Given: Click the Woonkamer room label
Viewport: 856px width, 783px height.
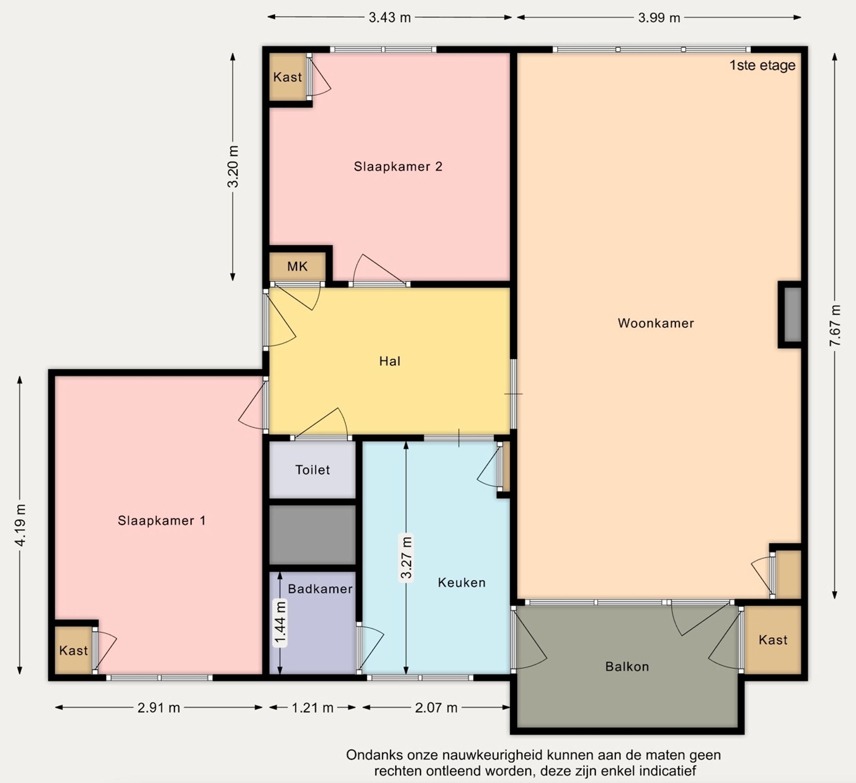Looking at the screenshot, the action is coord(655,323).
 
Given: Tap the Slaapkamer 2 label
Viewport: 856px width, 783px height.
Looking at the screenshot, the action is coord(398,166).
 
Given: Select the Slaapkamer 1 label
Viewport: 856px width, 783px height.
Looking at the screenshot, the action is coord(161,521).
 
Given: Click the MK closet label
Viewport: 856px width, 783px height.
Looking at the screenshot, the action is coord(297,267).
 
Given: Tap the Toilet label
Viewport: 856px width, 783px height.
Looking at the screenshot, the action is coord(313,470).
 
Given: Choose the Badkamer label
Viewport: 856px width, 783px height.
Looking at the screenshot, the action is coord(320,589).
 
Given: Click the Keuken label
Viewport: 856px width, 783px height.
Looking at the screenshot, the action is coord(462,582).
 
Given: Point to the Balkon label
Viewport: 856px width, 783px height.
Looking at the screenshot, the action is coord(627,667).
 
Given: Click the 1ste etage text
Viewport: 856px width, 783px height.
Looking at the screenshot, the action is coord(762,65).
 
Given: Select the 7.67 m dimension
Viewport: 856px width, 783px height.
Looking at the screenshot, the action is coord(835,326).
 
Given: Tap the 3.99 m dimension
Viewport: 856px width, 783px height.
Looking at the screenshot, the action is coord(659,18).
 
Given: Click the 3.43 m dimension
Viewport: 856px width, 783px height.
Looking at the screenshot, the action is coord(389,18).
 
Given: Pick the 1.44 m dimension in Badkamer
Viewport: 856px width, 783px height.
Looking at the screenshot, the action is coord(280,623).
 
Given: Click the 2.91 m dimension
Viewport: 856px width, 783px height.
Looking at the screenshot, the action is coord(159,708).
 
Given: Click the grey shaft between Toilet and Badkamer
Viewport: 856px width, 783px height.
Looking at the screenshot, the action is coord(313,535).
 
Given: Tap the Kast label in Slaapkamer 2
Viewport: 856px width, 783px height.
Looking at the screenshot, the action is coord(287,77).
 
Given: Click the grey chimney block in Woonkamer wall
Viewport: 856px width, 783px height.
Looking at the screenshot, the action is coord(792,315).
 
